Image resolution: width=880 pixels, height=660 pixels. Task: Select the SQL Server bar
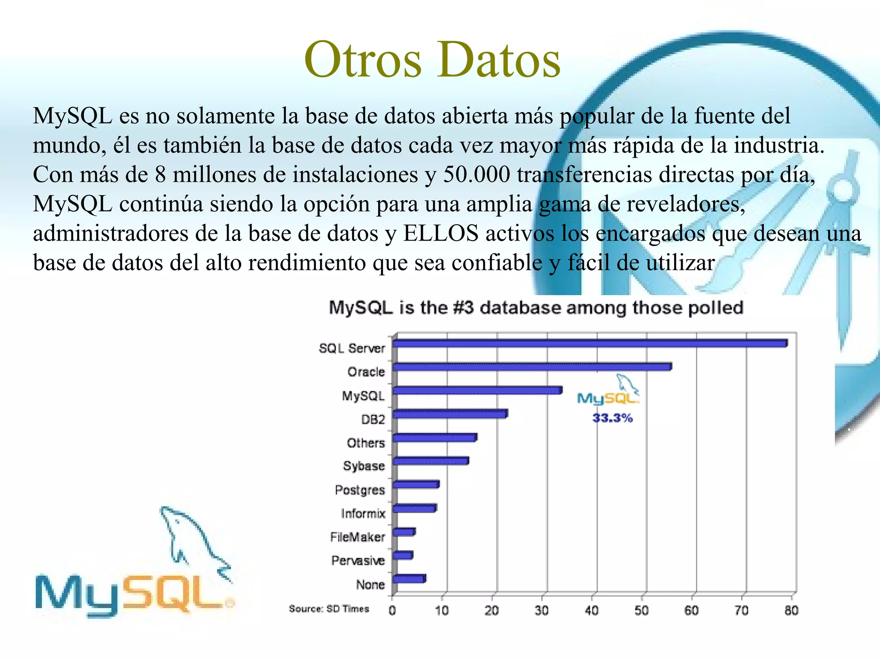590,343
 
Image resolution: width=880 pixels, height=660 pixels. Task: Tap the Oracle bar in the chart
532,367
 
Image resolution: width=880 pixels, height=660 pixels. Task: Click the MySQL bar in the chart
477,391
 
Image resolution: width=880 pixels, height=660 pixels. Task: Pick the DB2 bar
450,414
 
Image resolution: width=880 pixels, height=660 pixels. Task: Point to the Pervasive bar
403,555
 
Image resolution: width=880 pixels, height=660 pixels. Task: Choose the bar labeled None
409,579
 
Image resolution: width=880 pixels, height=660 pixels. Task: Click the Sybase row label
364,466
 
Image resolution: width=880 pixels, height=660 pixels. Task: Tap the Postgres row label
360,490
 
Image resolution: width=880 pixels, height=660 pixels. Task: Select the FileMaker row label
357,537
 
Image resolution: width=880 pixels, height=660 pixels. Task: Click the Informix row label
363,513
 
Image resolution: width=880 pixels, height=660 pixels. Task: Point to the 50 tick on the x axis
642,611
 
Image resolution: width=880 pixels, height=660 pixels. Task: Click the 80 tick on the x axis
791,611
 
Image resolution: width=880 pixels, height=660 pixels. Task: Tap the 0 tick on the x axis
392,611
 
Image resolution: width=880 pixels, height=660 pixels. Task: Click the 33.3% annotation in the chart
612,418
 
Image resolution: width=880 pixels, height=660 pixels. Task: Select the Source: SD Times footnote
329,609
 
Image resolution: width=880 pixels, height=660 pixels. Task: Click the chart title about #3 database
536,308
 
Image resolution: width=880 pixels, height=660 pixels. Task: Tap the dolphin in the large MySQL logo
193,541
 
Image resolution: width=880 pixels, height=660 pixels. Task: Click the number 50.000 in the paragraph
477,175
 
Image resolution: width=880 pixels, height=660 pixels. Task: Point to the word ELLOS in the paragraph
441,234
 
